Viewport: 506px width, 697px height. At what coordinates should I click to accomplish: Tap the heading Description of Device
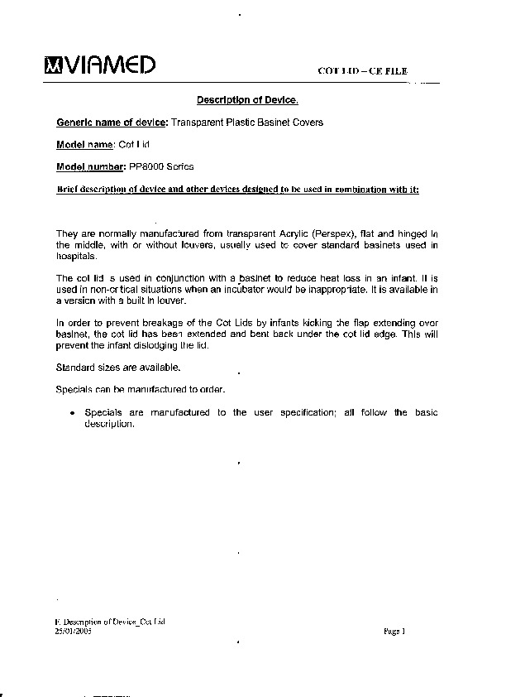[246, 101]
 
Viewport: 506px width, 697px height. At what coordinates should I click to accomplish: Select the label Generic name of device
[111, 123]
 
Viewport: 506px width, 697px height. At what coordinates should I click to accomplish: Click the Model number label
[89, 167]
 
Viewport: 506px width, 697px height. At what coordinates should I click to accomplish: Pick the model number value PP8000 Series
[161, 167]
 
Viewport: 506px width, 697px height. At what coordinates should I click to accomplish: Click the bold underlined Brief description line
[237, 190]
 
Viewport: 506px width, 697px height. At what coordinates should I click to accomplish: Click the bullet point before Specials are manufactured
[74, 413]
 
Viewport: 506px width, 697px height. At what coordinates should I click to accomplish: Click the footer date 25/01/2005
[72, 630]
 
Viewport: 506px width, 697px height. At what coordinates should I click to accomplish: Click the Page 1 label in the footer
[395, 631]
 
